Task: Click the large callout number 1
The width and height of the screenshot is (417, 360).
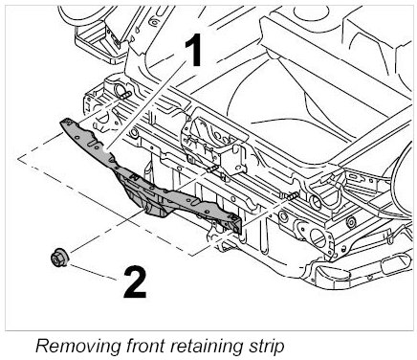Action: [x=193, y=50]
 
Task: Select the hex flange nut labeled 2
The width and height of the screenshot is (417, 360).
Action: [x=58, y=258]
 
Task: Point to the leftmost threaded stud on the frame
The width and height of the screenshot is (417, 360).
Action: [x=125, y=96]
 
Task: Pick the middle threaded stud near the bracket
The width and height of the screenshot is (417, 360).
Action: [x=212, y=169]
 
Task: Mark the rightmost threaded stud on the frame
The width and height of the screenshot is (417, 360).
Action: [x=292, y=195]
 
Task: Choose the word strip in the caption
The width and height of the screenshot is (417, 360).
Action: [x=266, y=347]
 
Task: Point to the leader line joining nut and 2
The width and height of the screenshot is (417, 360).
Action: [x=93, y=272]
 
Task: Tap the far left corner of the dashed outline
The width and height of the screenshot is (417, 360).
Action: [x=18, y=159]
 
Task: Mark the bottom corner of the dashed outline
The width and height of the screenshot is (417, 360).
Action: [x=191, y=256]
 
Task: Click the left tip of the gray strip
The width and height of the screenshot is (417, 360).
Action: [x=61, y=122]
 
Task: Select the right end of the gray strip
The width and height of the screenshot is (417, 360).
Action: [x=240, y=227]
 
